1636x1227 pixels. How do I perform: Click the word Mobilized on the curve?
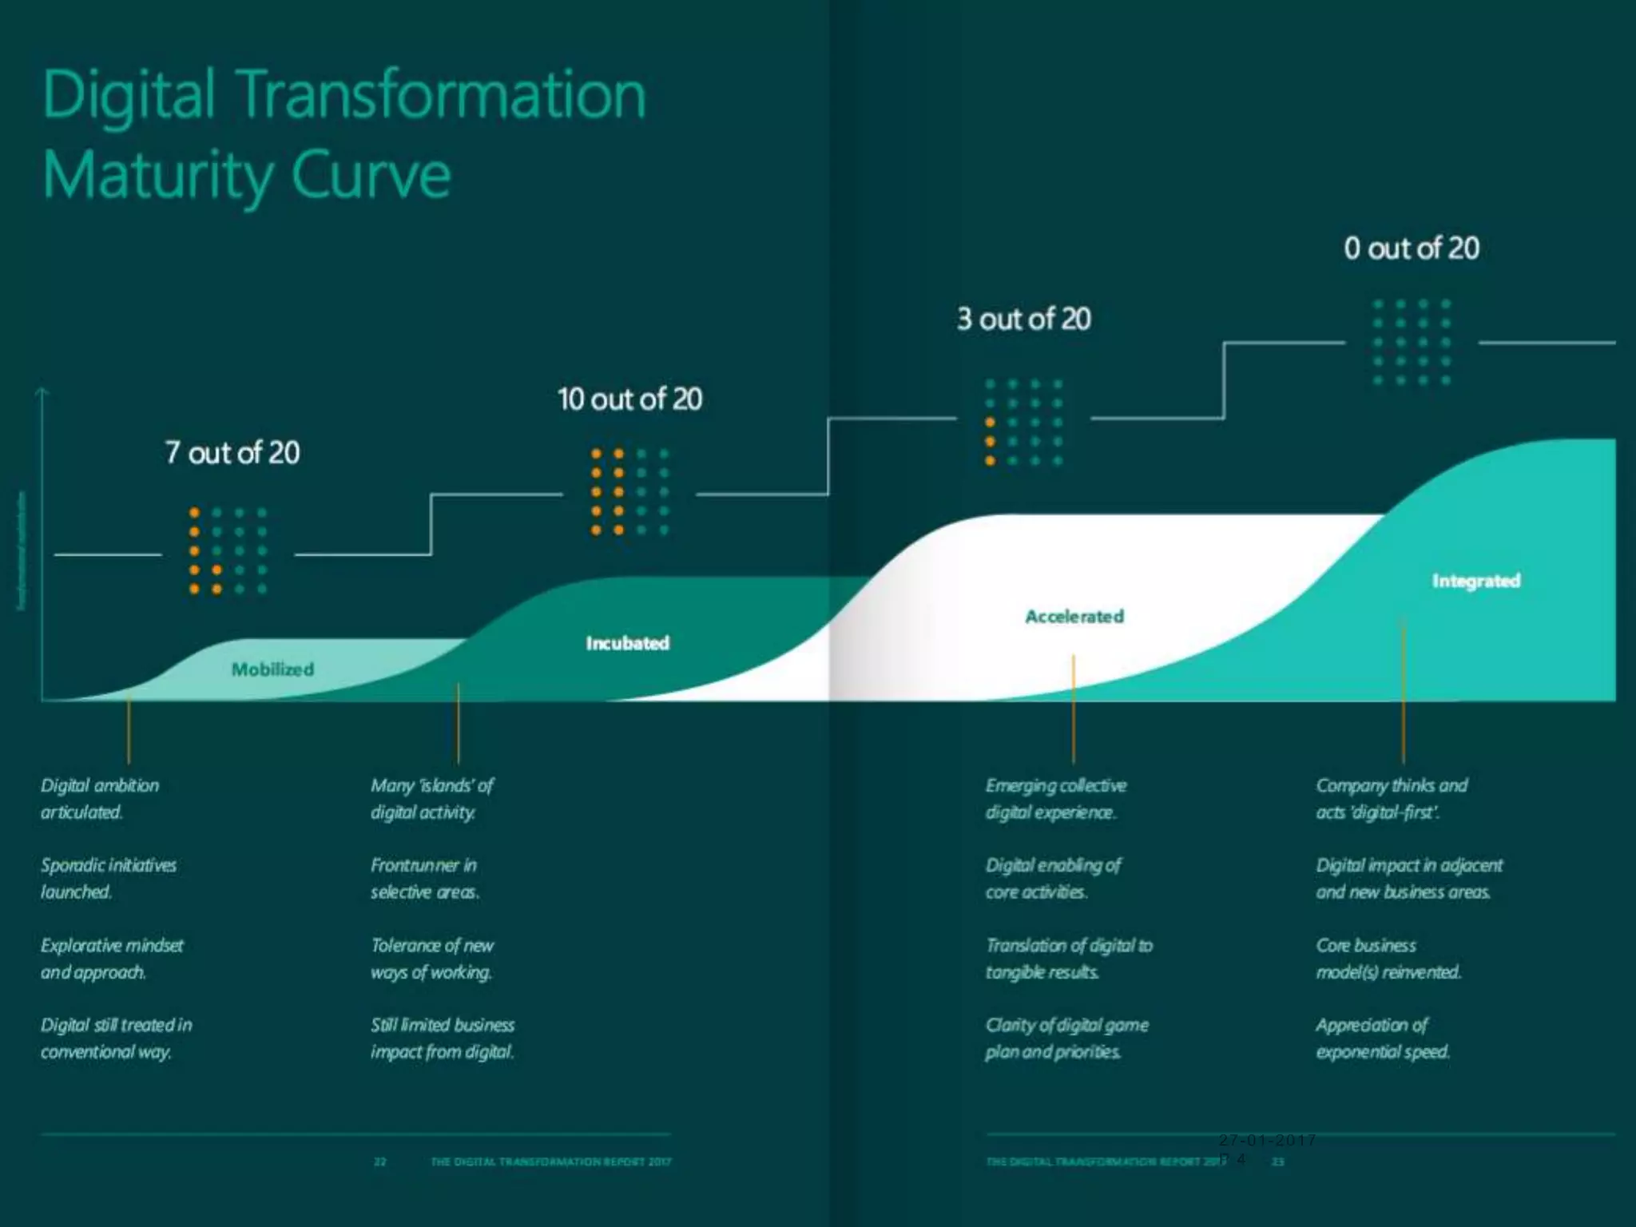(x=272, y=669)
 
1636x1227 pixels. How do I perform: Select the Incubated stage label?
(x=627, y=643)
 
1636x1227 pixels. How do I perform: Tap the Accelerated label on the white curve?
(x=1074, y=617)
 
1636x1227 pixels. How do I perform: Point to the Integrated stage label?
(x=1475, y=581)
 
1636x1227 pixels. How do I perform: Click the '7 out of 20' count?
(x=232, y=453)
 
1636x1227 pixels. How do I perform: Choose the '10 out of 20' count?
(x=629, y=399)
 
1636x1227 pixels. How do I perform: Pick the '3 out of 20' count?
(x=1024, y=320)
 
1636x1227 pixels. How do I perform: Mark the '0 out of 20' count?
(x=1412, y=248)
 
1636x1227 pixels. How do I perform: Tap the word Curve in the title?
(x=371, y=175)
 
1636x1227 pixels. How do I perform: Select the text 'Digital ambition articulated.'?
(x=100, y=799)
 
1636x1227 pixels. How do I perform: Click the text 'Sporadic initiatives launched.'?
(x=109, y=879)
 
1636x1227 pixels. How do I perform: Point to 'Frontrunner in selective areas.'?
(x=424, y=879)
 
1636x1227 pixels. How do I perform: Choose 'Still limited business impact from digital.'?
(x=442, y=1038)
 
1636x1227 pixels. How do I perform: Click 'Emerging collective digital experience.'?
(x=1055, y=799)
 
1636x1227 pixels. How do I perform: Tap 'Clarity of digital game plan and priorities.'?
(x=1066, y=1038)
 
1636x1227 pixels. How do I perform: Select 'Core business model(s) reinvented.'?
(x=1388, y=959)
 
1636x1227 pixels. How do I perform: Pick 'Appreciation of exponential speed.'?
(x=1382, y=1038)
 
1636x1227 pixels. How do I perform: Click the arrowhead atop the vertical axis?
(x=42, y=391)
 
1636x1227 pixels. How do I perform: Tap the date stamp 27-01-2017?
(x=1267, y=1140)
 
